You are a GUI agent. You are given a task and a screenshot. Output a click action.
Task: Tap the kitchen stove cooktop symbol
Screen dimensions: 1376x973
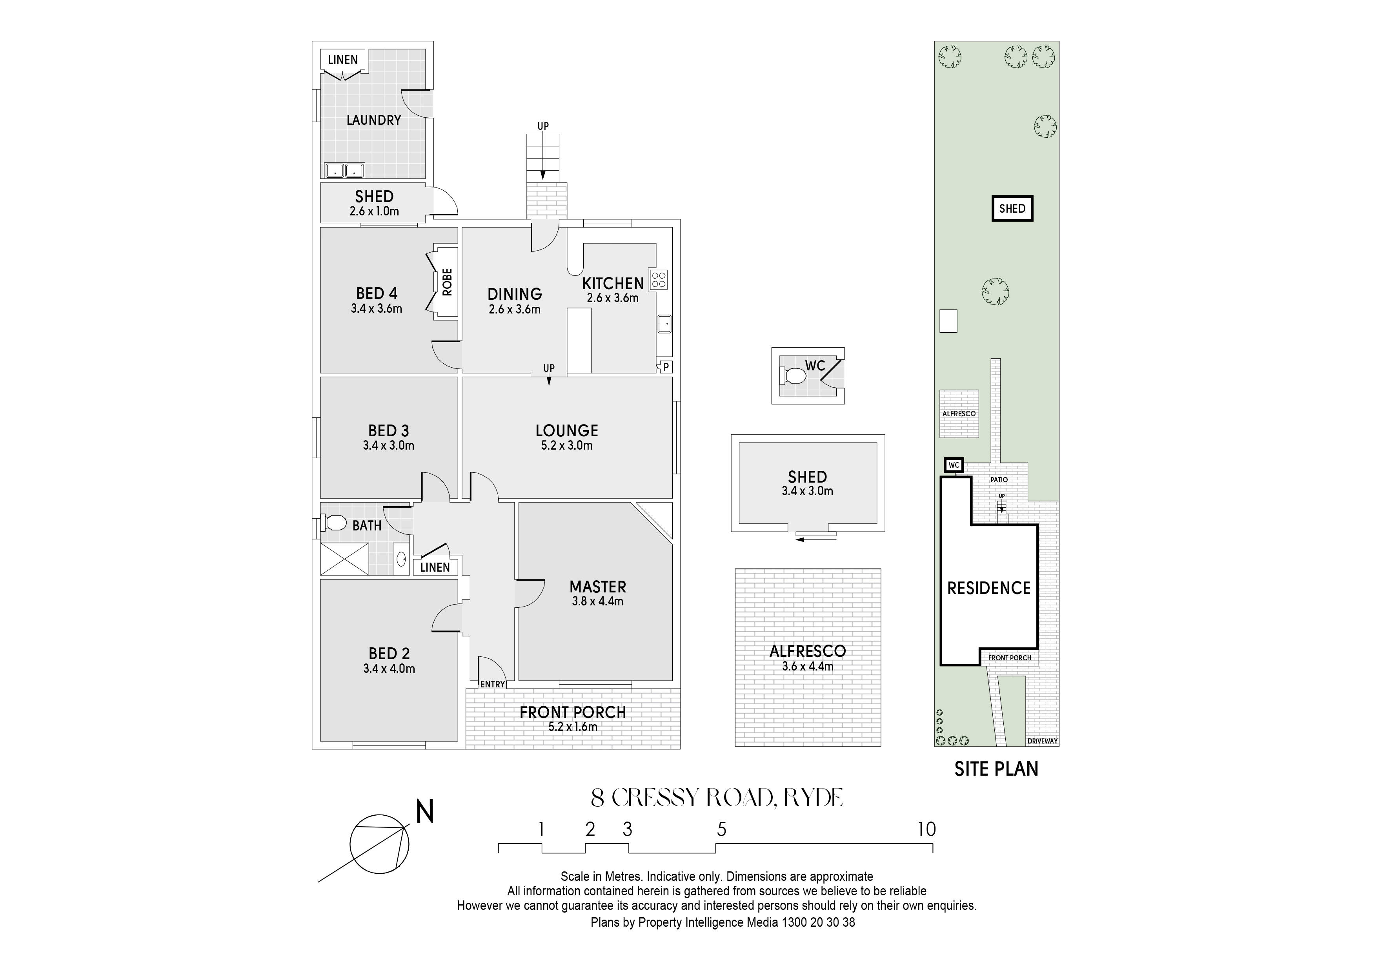click(x=659, y=280)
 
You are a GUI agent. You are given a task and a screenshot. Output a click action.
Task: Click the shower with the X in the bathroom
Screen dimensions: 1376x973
click(x=345, y=559)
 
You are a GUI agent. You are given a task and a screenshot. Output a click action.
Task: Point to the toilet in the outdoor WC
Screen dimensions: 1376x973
click(x=793, y=376)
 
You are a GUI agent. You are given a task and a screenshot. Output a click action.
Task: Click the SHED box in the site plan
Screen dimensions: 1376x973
click(x=1012, y=209)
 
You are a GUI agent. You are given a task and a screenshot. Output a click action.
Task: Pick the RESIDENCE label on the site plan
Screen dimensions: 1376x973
click(x=989, y=588)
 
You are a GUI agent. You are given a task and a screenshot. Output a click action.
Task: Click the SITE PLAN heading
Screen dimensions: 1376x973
click(x=996, y=769)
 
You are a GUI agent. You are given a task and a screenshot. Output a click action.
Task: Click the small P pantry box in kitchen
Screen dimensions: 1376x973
click(x=665, y=367)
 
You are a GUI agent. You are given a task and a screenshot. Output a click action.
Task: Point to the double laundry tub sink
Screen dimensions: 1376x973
click(x=345, y=171)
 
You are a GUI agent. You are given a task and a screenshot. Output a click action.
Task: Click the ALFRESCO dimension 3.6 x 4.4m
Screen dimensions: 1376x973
click(x=808, y=666)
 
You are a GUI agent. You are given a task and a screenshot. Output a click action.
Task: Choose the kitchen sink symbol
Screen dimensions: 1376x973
click(x=664, y=324)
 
